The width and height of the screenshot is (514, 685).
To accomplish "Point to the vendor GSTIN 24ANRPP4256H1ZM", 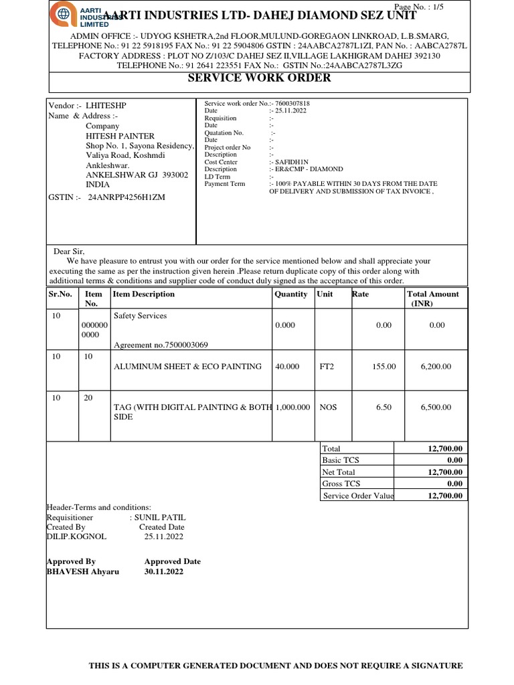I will pos(122,197).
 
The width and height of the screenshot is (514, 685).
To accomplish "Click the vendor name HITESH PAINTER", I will pos(120,136).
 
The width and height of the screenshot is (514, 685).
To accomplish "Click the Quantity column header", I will pos(291,294).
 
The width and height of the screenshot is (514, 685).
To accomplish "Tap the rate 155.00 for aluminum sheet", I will pos(383,367).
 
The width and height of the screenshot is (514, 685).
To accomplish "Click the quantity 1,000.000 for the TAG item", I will pos(292,407).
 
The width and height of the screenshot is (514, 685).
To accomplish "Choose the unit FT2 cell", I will pos(328,367).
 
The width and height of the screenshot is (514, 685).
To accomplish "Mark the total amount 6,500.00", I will pos(434,407).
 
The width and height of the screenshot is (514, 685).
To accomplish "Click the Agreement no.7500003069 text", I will pos(161,345).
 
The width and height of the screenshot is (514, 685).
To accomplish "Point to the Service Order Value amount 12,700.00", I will pos(444,496).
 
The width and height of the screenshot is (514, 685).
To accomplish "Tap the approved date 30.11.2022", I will pos(163,572).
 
